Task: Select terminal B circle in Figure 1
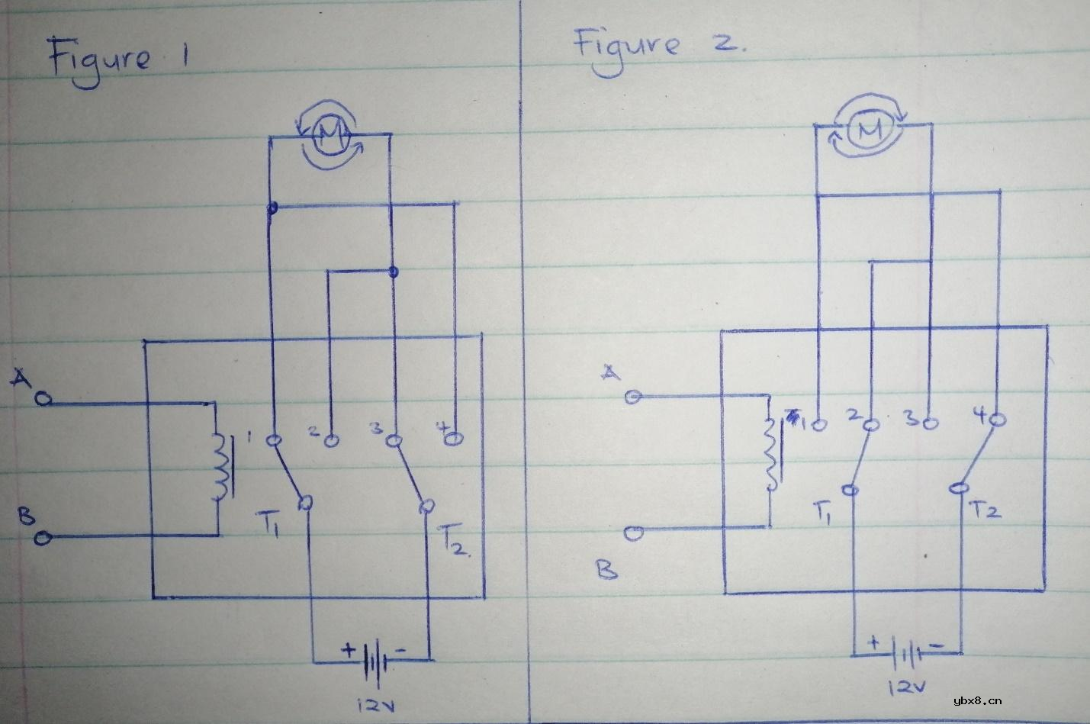43,539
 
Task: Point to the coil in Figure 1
220,467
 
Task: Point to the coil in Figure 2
772,455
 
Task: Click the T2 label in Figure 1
455,540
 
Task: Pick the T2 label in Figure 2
986,509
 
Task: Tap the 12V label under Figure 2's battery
906,687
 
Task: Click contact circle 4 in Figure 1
454,439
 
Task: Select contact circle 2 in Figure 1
331,440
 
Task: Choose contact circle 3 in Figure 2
931,421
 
